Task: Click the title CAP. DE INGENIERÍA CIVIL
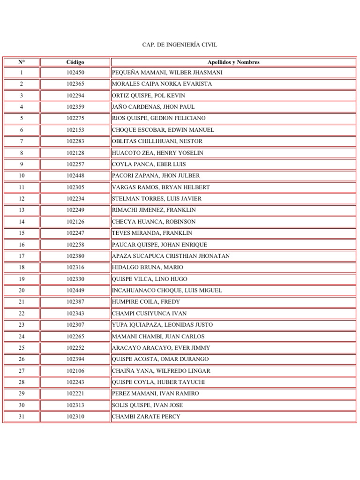(x=180, y=45)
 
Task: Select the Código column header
(x=75, y=62)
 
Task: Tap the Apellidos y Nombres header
(x=233, y=62)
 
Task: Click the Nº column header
(x=21, y=62)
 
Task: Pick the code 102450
(x=75, y=73)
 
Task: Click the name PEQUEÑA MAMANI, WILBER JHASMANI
(x=167, y=73)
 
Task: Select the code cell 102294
(x=75, y=96)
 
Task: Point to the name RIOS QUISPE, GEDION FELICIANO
(x=158, y=118)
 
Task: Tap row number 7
(x=21, y=141)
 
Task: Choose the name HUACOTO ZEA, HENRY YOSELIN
(x=157, y=153)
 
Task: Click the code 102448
(x=75, y=176)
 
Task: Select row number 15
(x=21, y=233)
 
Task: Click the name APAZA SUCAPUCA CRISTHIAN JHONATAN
(x=171, y=256)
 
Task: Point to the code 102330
(x=75, y=279)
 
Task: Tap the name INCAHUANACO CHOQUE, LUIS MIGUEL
(x=167, y=291)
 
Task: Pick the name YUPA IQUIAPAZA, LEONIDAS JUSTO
(x=162, y=325)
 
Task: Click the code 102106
(x=75, y=371)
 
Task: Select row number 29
(x=21, y=394)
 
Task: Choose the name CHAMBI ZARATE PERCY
(x=146, y=417)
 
